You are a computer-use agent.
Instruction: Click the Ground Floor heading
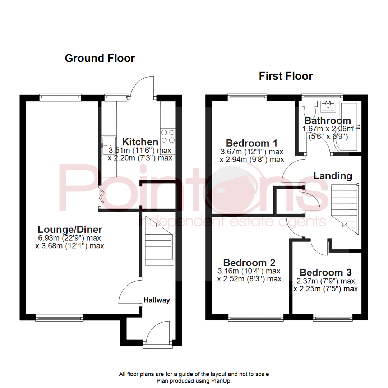(100, 58)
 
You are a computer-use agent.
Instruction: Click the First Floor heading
(286, 76)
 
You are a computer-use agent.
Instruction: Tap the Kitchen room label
(140, 142)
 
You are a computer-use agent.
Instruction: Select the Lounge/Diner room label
(70, 229)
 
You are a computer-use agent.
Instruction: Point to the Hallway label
(157, 300)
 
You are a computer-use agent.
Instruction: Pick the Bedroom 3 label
(325, 272)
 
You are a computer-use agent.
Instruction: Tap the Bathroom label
(327, 120)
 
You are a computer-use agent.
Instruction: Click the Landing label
(333, 176)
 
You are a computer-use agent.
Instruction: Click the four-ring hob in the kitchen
(168, 136)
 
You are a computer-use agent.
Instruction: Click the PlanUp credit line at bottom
(194, 380)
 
